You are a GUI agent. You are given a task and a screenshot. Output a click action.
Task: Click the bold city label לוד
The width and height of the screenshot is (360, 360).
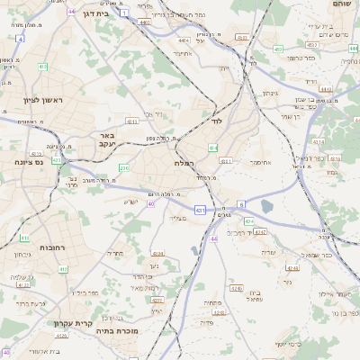[x=217, y=120]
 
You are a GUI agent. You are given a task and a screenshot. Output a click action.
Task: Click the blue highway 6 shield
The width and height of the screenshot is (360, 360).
[x=241, y=204]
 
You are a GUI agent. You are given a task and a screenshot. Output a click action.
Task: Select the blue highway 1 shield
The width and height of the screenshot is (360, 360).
[x=126, y=12]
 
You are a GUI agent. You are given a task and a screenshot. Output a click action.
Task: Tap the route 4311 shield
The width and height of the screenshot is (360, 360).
[x=132, y=121]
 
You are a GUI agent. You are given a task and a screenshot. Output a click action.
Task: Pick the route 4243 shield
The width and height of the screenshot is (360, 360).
[x=261, y=232]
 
